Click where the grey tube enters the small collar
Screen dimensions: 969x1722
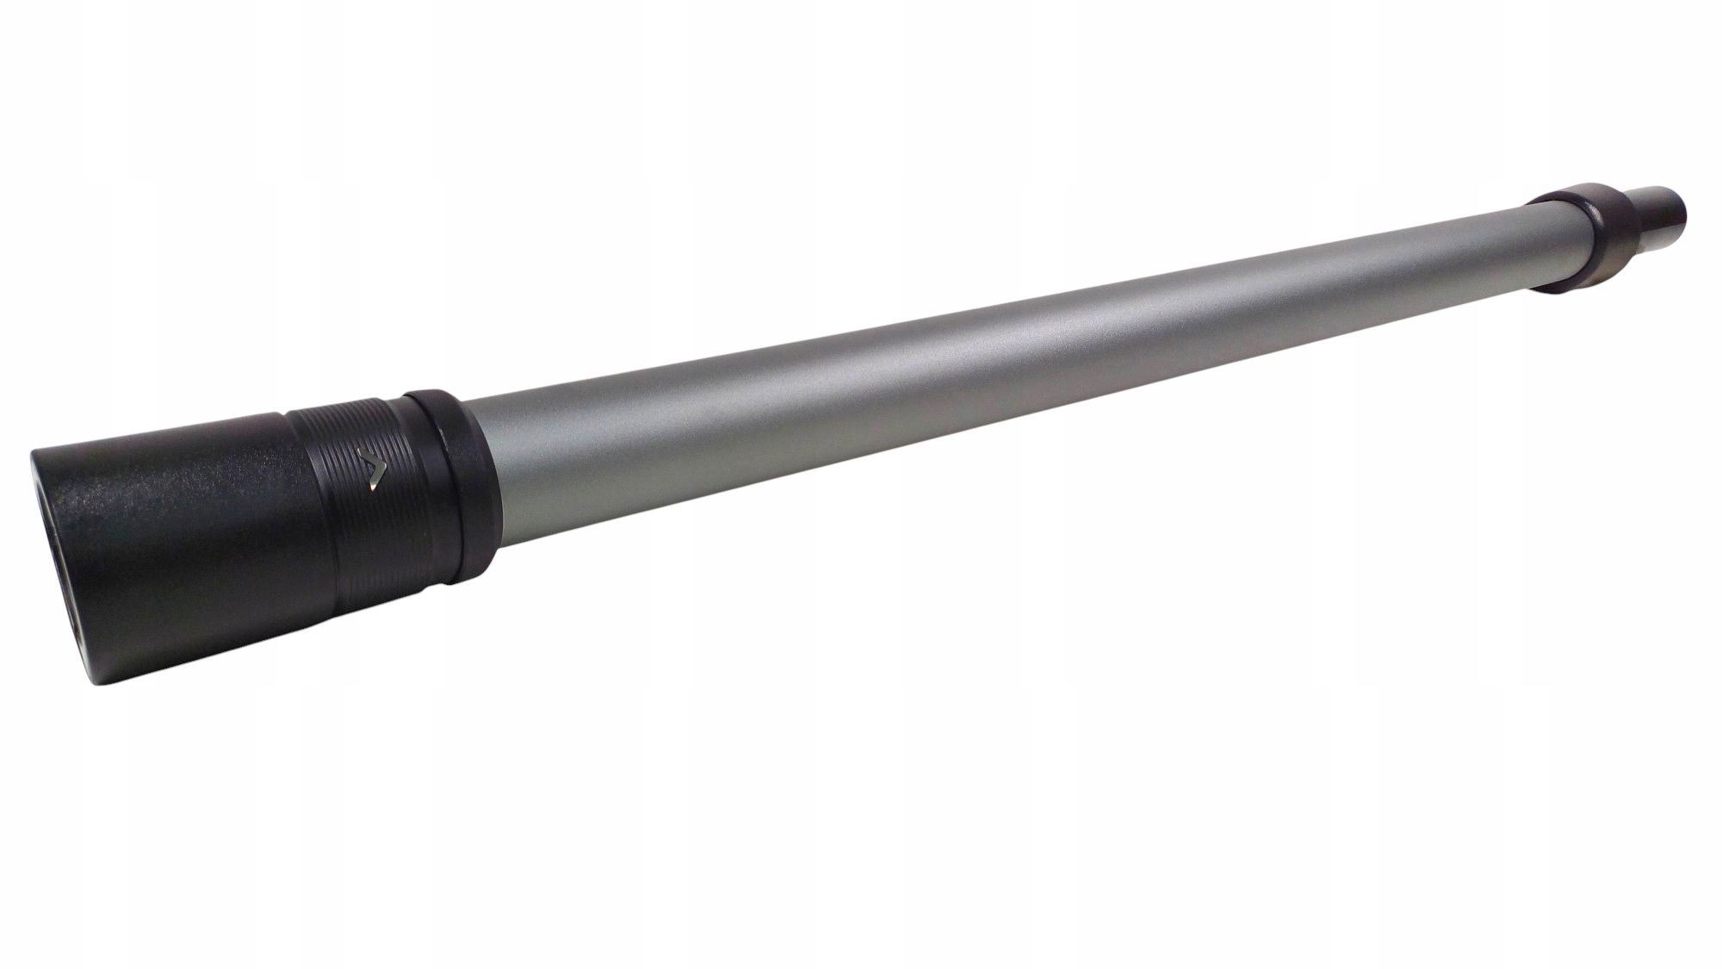pyautogui.click(x=1528, y=250)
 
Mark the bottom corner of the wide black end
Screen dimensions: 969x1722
pyautogui.click(x=95, y=680)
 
